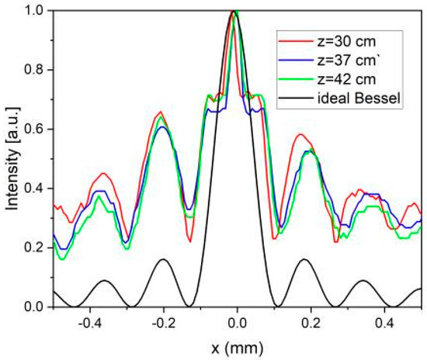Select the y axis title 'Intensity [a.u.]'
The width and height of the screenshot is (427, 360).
(11, 159)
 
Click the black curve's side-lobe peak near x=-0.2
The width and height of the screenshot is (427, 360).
(163, 259)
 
